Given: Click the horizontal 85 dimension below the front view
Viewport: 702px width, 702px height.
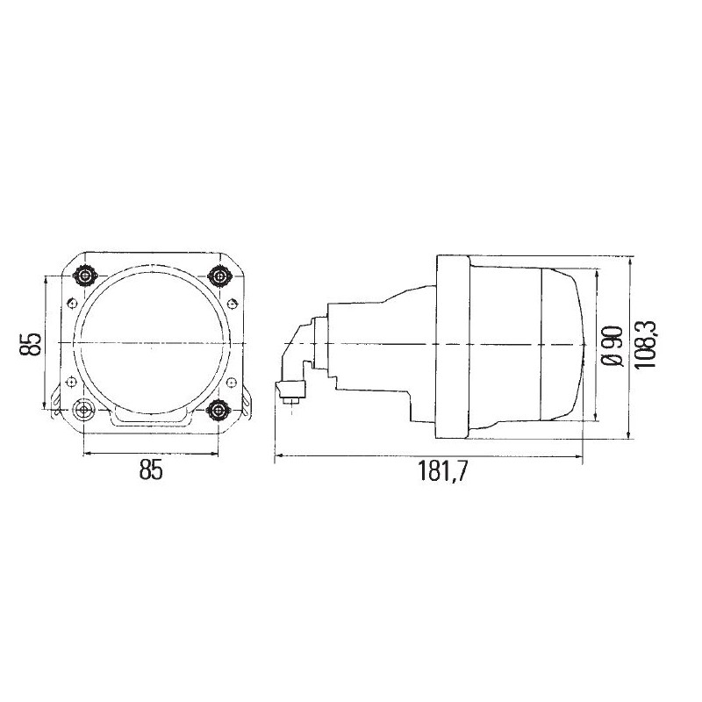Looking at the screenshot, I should [151, 471].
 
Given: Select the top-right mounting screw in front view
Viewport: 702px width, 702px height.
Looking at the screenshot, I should [218, 275].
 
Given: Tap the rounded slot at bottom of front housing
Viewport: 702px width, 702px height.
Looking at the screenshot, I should [150, 418].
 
